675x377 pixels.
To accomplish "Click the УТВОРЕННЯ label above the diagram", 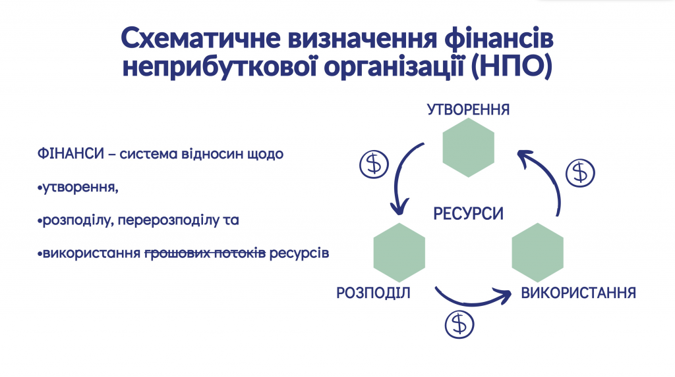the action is pos(469,110).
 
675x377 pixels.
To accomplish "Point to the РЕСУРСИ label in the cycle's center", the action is pos(469,214).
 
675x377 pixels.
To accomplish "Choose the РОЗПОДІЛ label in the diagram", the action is pos(373,293).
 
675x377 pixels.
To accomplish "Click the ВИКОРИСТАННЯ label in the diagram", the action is pos(579,293).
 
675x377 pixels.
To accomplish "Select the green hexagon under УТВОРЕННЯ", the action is pos(469,147).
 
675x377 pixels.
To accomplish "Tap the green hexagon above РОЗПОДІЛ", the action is pos(399,253).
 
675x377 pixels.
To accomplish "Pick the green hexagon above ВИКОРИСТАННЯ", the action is pos(538,253).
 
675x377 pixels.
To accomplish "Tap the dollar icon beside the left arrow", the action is pos(374,164).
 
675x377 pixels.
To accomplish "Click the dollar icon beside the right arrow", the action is pos(580,173).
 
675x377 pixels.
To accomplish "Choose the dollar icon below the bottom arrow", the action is pos(459,324).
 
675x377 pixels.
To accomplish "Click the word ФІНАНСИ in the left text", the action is pos(71,153).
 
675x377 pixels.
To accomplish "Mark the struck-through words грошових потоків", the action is pos(205,253).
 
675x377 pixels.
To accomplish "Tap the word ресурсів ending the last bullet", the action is pos(299,253).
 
